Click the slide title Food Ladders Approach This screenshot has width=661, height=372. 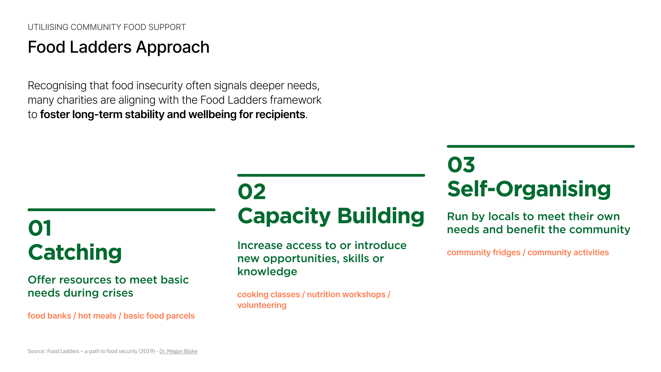point(118,47)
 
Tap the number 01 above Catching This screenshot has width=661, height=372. point(40,228)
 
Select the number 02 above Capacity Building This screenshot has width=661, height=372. point(252,192)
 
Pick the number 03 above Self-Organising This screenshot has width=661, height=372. point(461,165)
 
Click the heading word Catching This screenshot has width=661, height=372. point(75,252)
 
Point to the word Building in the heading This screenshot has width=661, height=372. point(381,216)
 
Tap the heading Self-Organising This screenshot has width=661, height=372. point(529,189)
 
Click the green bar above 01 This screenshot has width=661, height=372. point(122,210)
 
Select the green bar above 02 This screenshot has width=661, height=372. point(331,175)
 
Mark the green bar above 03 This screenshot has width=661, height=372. point(541,146)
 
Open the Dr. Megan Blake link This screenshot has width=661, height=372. point(178,351)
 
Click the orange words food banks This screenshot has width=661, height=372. point(49,316)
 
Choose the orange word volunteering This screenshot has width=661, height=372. point(262,306)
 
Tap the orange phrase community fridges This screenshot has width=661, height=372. point(484,252)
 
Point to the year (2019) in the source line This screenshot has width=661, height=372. point(147,351)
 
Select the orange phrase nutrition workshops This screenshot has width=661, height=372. point(346,294)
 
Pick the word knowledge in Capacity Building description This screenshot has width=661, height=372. point(267,271)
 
